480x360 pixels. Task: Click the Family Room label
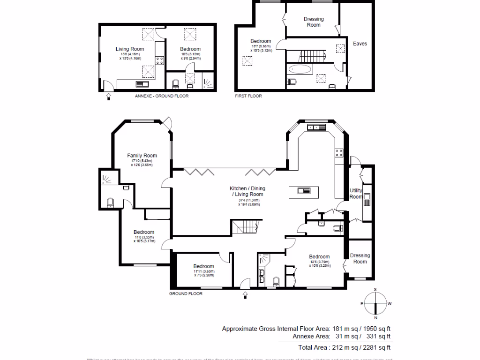[142, 156]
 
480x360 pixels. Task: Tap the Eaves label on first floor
[360, 44]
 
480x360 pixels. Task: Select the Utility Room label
[356, 194]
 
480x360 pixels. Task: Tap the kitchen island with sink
[304, 190]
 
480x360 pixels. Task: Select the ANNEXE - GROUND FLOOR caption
[162, 96]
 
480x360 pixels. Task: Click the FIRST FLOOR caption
[248, 96]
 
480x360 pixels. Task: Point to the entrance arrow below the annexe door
[109, 97]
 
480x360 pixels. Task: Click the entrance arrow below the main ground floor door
[244, 294]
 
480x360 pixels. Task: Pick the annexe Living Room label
[130, 49]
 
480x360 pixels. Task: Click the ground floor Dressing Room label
[360, 258]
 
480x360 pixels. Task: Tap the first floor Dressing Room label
[314, 22]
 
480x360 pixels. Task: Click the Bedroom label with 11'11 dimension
[204, 266]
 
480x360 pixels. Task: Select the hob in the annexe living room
[159, 60]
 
